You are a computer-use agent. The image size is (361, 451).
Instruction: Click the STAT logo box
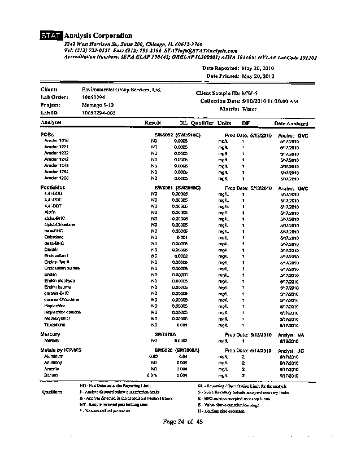[51, 36]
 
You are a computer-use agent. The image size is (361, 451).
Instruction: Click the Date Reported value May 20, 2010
[258, 68]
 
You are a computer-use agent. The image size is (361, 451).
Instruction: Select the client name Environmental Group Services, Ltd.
[121, 90]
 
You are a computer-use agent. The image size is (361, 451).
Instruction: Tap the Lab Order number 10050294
[94, 97]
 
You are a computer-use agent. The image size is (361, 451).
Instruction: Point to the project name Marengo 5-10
[98, 105]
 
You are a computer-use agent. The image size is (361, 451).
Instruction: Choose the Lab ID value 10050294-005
[99, 113]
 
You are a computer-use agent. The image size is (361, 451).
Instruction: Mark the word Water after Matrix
[249, 109]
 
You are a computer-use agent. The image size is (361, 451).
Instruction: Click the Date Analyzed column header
[291, 123]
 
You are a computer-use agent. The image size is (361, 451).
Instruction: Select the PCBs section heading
[47, 135]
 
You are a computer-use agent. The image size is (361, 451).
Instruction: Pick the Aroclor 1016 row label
[56, 141]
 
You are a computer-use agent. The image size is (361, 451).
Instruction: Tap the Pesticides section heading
[53, 187]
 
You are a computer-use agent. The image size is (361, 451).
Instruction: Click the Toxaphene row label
[55, 325]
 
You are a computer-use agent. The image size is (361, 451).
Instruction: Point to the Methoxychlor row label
[57, 319]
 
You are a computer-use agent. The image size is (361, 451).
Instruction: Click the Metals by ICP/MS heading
[61, 351]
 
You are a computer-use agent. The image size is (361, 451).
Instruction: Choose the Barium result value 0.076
[151, 375]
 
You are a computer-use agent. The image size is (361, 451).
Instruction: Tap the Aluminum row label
[54, 357]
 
